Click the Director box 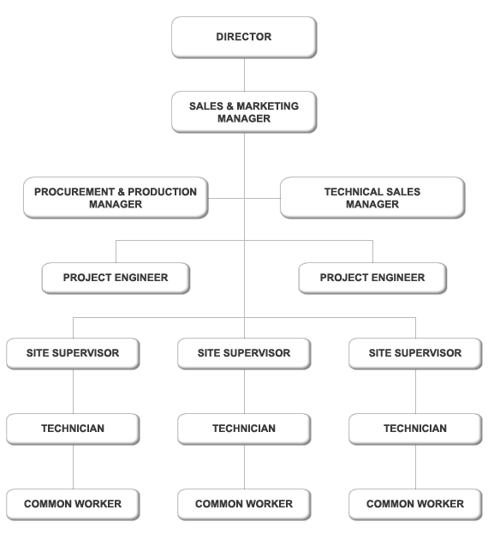click(x=244, y=37)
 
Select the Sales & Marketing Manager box click(x=244, y=112)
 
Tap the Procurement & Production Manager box click(x=116, y=198)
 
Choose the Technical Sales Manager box click(x=372, y=198)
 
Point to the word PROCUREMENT click(x=74, y=192)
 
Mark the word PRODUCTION click(x=163, y=192)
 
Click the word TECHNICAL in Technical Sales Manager click(x=349, y=192)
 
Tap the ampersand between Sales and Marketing click(x=229, y=106)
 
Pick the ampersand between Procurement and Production click(x=121, y=192)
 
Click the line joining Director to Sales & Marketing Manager click(x=245, y=75)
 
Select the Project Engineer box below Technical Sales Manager click(x=372, y=278)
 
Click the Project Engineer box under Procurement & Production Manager click(x=116, y=278)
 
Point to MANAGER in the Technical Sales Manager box click(x=372, y=204)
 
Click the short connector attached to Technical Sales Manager click(x=262, y=198)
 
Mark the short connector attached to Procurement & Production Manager click(x=226, y=198)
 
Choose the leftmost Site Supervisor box click(x=73, y=353)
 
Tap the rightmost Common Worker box click(x=415, y=504)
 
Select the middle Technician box click(x=244, y=429)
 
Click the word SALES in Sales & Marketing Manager click(x=206, y=106)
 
